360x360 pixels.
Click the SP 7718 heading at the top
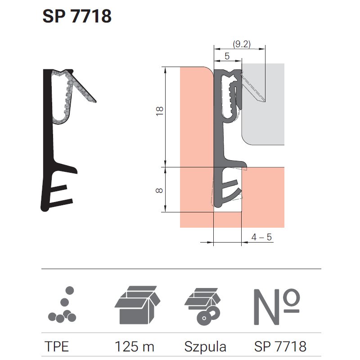(77, 16)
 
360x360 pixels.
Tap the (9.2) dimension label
(242, 44)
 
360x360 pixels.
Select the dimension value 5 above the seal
(227, 56)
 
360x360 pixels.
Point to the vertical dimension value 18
(160, 111)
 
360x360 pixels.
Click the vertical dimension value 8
(159, 190)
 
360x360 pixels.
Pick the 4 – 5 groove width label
(261, 237)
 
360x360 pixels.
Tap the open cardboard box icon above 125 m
(137, 305)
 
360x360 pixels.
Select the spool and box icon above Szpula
(202, 306)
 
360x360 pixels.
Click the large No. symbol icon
(277, 306)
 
